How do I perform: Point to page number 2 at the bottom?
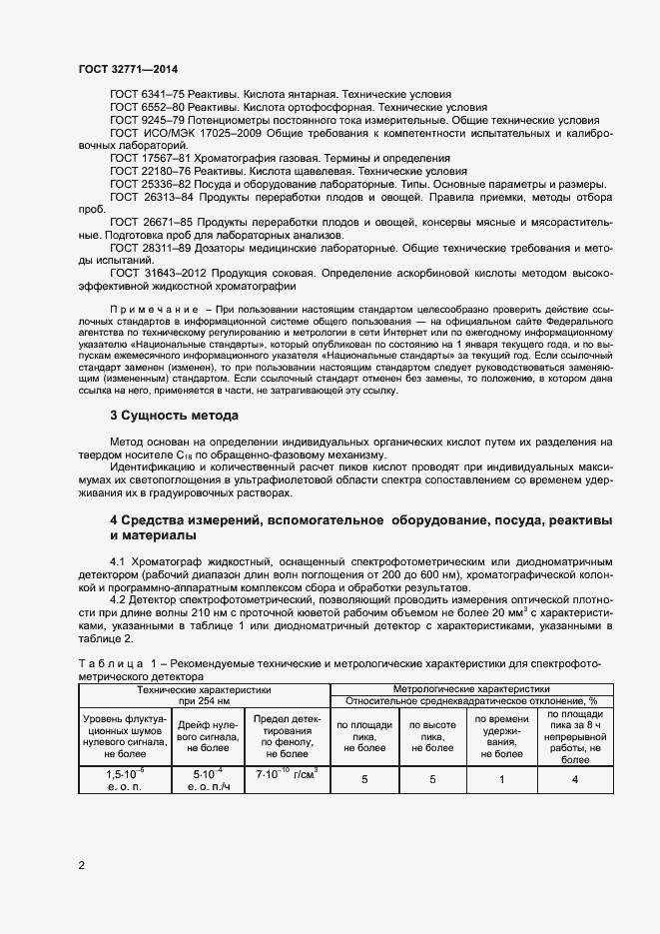point(81,865)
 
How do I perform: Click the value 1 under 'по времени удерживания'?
point(500,778)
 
